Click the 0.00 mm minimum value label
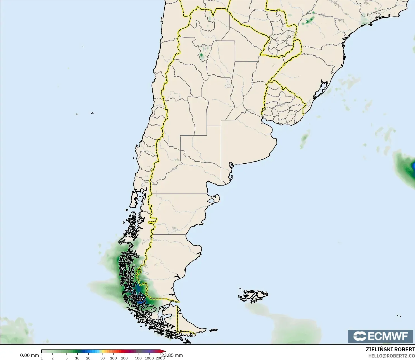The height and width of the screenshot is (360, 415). (29, 355)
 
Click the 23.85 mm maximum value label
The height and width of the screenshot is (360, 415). (172, 355)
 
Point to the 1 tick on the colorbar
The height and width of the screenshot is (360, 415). (42, 358)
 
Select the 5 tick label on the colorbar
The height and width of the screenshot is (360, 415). (67, 358)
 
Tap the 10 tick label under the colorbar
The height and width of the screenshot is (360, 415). (77, 358)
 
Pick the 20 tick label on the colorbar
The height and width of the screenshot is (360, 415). (88, 358)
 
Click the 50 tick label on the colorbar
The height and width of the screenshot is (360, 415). (103, 358)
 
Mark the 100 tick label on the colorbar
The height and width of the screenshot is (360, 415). (113, 358)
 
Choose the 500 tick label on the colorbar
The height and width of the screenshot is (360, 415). (138, 358)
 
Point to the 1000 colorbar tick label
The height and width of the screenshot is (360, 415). (149, 358)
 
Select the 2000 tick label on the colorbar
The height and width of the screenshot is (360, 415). (160, 358)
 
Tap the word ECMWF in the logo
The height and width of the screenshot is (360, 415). (388, 336)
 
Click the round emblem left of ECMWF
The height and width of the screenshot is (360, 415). (360, 336)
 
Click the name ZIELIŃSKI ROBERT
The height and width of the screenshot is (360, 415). (390, 349)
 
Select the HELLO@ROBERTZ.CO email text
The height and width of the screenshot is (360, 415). (391, 356)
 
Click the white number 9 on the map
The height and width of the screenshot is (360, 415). (122, 268)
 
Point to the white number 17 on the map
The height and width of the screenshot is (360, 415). (141, 298)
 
